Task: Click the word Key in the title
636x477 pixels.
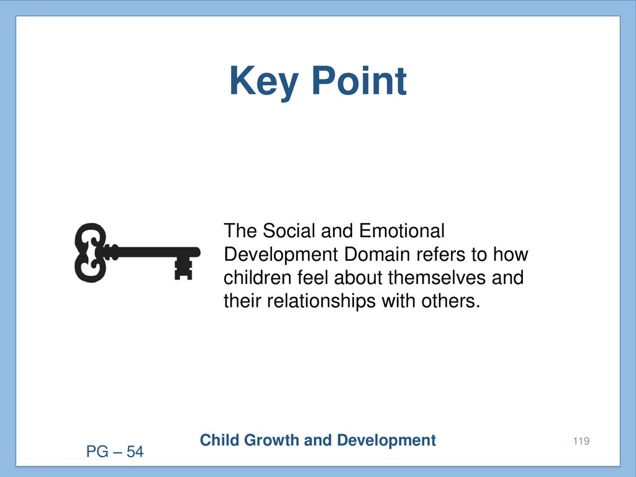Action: (263, 83)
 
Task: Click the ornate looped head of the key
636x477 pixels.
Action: (91, 252)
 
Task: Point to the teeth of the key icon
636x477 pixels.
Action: (183, 269)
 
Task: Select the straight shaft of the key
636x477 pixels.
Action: (153, 252)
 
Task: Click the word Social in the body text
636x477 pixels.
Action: (289, 230)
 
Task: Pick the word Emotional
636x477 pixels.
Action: (402, 230)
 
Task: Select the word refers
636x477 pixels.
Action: (441, 254)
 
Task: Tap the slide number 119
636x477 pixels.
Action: (581, 441)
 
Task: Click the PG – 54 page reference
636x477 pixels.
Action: (115, 452)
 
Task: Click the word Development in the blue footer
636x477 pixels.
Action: (386, 441)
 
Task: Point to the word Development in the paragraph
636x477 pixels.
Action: (281, 255)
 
